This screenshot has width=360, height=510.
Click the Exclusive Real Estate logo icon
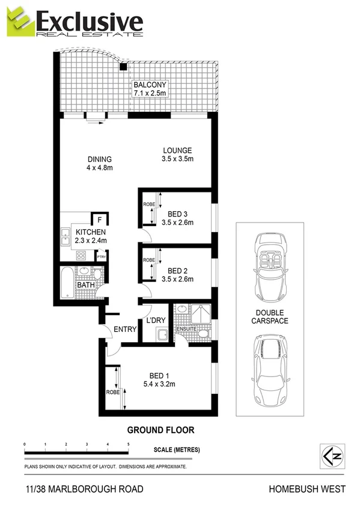(x=20, y=23)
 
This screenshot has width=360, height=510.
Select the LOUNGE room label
(x=176, y=150)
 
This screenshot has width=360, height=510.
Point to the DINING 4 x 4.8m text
(x=100, y=163)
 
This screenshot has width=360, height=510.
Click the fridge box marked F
(x=99, y=219)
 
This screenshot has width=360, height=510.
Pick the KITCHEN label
(x=91, y=232)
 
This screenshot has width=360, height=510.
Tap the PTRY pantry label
(x=102, y=258)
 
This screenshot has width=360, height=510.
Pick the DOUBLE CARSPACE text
(x=271, y=316)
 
